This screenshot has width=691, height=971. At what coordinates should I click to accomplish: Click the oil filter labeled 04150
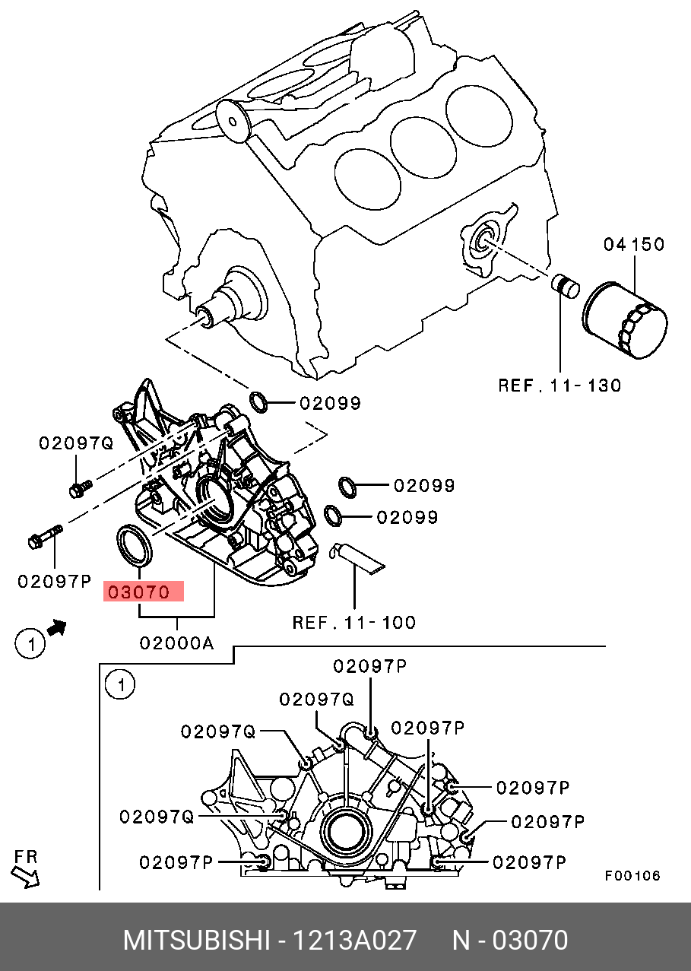point(625,320)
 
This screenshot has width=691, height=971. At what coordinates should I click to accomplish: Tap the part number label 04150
point(634,245)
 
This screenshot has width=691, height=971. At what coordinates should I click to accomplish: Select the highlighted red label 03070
point(144,592)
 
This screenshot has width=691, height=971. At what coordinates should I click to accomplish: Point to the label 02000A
point(177,644)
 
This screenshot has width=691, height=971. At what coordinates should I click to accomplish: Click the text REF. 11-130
point(559,386)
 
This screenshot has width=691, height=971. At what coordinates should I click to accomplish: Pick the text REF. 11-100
point(354,623)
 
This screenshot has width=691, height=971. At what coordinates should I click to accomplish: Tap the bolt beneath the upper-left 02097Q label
point(81,488)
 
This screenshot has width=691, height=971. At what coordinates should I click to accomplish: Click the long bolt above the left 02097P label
point(46,537)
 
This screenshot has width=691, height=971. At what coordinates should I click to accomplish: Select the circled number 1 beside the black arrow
point(30,644)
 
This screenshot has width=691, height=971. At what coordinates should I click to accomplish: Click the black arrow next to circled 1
point(56,627)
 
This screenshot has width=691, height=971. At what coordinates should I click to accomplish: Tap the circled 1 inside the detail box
point(120,685)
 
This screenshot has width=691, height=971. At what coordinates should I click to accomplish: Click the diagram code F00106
point(632,876)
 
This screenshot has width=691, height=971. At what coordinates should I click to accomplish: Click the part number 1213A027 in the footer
point(354,940)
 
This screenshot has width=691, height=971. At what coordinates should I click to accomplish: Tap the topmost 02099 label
point(331,404)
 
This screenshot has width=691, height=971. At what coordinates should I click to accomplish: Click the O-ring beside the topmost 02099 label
point(258,401)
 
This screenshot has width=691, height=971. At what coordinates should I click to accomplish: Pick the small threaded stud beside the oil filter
point(566,286)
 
